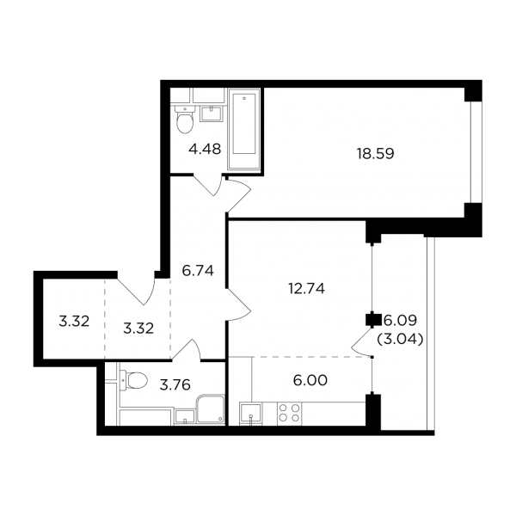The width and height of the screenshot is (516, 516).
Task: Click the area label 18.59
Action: (x=376, y=154)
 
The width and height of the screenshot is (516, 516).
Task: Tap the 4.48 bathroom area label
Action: (x=205, y=149)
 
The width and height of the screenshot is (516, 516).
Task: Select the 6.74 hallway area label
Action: (x=198, y=271)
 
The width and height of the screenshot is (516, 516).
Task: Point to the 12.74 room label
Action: (x=307, y=289)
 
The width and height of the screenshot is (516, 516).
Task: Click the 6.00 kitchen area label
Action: (x=310, y=380)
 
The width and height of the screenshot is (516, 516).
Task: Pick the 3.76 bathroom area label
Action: (x=175, y=384)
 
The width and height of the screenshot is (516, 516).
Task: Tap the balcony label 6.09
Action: (x=400, y=320)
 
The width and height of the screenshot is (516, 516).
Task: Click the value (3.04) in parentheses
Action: (x=400, y=339)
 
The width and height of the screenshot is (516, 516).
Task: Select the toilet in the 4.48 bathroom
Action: (x=185, y=119)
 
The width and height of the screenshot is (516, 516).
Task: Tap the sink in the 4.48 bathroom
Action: (x=212, y=114)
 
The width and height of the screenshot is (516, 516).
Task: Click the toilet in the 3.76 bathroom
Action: (x=133, y=380)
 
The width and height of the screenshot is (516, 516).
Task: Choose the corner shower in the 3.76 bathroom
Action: (x=211, y=409)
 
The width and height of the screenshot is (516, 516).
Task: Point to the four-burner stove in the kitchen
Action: (x=289, y=413)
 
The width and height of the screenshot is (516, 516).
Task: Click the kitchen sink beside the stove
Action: (x=250, y=414)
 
